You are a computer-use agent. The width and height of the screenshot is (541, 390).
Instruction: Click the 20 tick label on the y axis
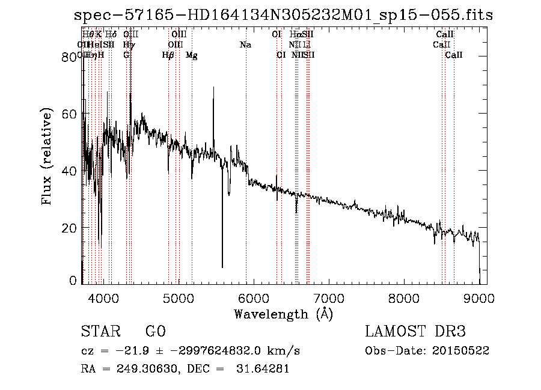click(x=72, y=228)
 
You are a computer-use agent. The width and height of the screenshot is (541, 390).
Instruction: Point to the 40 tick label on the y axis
click(x=72, y=171)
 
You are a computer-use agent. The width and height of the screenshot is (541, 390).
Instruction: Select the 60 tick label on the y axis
click(x=72, y=114)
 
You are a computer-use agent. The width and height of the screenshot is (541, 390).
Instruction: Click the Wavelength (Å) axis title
click(x=283, y=314)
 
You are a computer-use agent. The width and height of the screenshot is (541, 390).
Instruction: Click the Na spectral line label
click(x=245, y=45)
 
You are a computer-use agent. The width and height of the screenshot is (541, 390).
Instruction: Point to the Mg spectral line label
click(x=192, y=55)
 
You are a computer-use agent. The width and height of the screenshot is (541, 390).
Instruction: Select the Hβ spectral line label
click(x=168, y=55)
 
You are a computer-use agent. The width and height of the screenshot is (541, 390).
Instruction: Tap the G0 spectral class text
click(x=155, y=332)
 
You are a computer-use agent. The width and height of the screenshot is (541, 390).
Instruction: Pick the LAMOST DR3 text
click(x=415, y=332)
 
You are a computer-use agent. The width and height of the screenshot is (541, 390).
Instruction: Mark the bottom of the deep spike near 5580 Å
click(x=222, y=267)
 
